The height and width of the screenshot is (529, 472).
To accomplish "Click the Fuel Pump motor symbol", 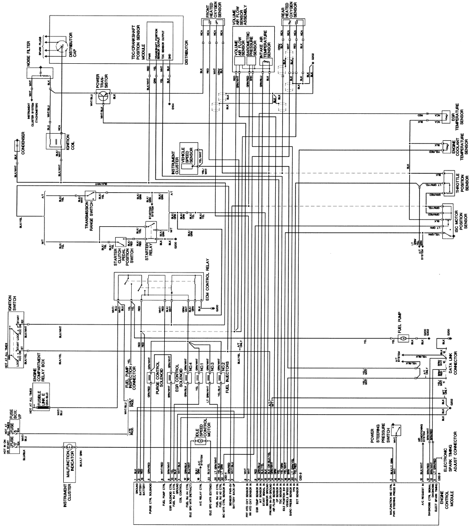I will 404,339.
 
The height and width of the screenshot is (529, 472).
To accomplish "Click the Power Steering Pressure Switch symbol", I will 400,429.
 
